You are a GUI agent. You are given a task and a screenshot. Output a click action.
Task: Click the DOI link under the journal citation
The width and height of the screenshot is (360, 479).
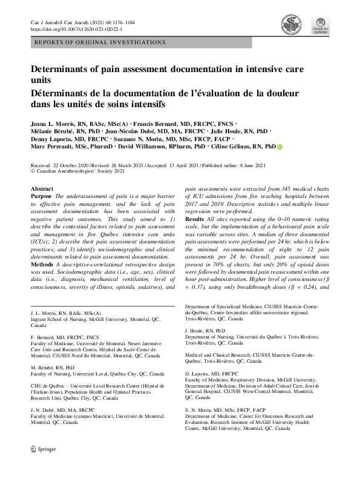[71, 28]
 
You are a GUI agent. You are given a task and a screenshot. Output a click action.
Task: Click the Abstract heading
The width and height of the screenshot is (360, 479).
[42, 190]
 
